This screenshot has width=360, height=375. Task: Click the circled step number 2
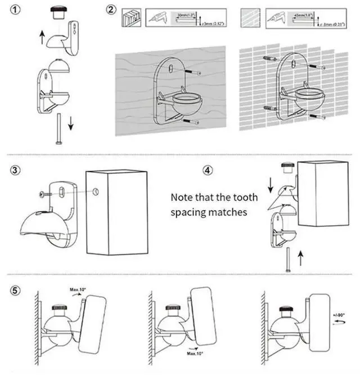click(111, 11)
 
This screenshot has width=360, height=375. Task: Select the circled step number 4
click(208, 169)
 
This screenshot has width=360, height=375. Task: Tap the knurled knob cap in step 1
click(56, 12)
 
